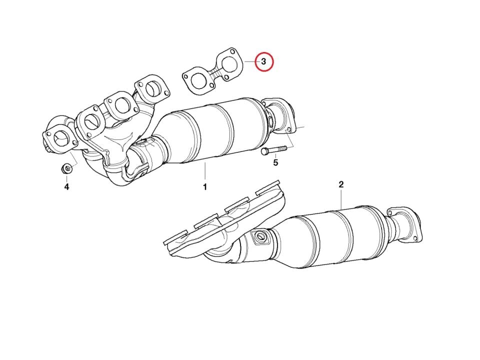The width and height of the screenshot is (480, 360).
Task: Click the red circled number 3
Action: (x=264, y=62)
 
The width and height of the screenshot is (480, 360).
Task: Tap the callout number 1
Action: (x=205, y=186)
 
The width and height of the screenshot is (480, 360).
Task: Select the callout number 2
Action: (x=341, y=184)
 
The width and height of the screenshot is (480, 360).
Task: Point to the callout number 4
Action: (x=66, y=186)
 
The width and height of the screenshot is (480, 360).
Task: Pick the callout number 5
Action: (x=275, y=162)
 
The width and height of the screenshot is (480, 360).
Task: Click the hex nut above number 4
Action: (x=66, y=168)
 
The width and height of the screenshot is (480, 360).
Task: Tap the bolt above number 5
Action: (x=274, y=150)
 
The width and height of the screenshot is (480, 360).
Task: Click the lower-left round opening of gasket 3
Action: (x=198, y=80)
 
